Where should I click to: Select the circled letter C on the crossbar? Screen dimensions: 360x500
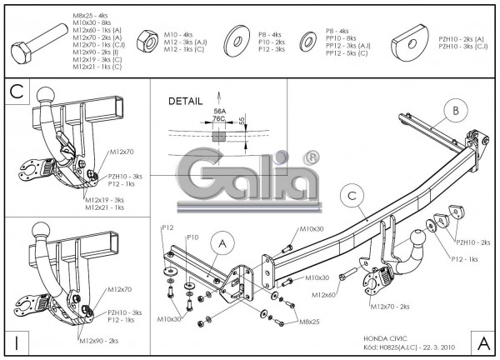click(x=352, y=197)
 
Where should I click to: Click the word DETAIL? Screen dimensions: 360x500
click(x=185, y=101)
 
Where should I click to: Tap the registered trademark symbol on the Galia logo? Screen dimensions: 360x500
click(x=310, y=157)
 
